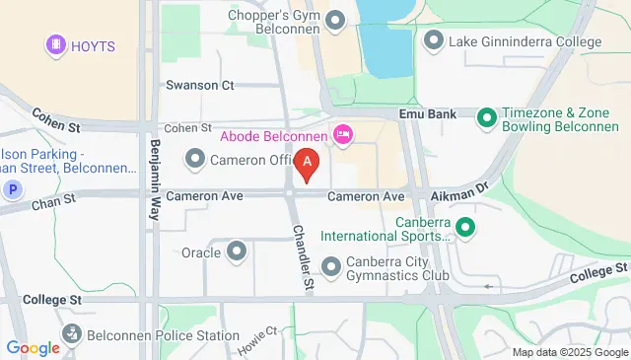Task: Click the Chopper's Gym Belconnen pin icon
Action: [x=336, y=20]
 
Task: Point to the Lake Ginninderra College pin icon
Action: [x=434, y=41]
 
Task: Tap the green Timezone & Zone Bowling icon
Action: [x=485, y=119]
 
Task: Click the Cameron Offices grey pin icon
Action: [x=195, y=159]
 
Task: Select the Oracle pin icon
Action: [x=237, y=252]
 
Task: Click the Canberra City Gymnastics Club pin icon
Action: [x=330, y=264]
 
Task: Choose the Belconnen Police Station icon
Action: [x=72, y=336]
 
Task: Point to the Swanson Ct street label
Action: [x=199, y=86]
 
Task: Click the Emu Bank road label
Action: [x=427, y=114]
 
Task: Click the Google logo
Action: [x=33, y=347]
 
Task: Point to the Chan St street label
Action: [x=53, y=200]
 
